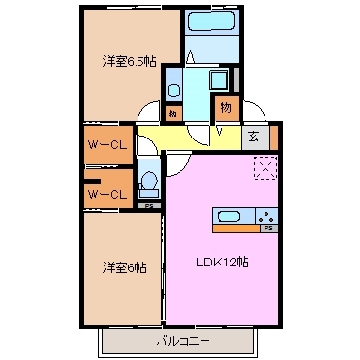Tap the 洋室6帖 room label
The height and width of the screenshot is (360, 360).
(x=124, y=268)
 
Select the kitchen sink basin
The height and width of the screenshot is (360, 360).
(x=227, y=216)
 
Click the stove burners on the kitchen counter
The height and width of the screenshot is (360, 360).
(x=264, y=216)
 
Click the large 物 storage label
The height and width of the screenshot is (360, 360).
(x=224, y=107)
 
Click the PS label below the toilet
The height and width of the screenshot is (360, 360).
(x=148, y=205)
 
